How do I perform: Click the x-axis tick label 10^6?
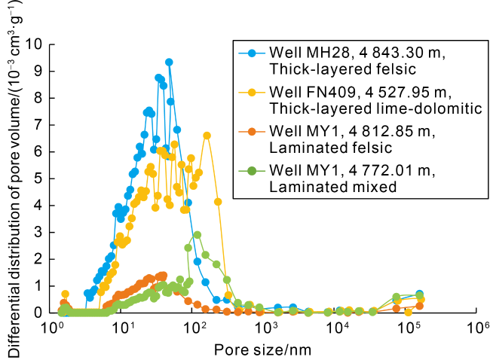[x=479, y=328]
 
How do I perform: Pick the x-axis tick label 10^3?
[x=266, y=328]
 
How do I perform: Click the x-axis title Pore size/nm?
[x=262, y=349]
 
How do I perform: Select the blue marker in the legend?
[x=251, y=53]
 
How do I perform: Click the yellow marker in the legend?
[x=251, y=92]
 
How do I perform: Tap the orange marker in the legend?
[x=251, y=132]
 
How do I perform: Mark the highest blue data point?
[x=169, y=62]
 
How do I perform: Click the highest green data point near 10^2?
[x=198, y=235]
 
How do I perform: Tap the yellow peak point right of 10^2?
[x=207, y=136]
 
